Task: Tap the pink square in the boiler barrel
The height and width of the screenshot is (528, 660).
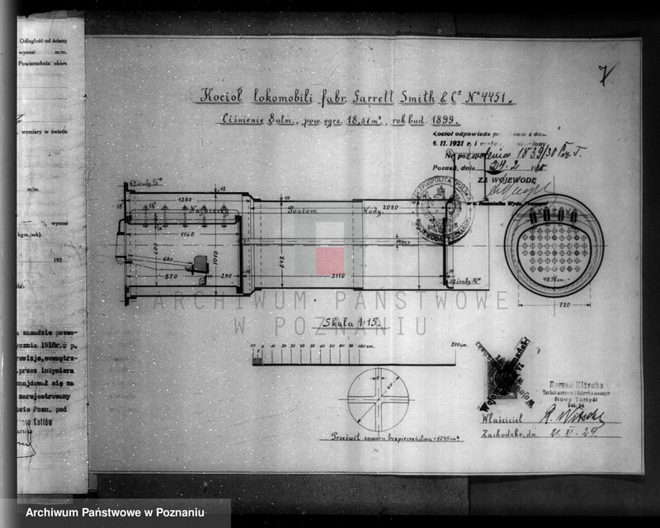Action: [x=330, y=261]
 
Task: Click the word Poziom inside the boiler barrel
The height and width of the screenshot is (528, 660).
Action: [x=303, y=212]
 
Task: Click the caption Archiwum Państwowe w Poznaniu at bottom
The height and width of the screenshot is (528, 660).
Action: [x=115, y=513]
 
